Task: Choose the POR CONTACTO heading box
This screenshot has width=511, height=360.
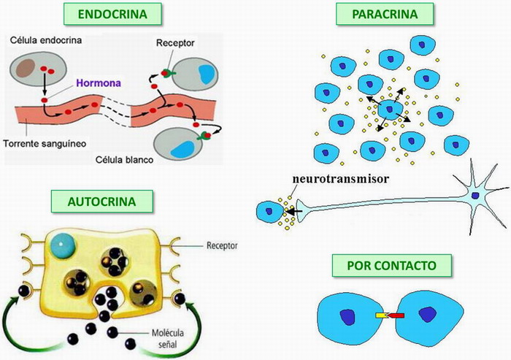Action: tap(377, 267)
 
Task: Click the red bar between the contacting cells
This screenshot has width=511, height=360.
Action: tap(394, 316)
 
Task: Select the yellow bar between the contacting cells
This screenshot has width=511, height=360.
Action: tap(380, 316)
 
